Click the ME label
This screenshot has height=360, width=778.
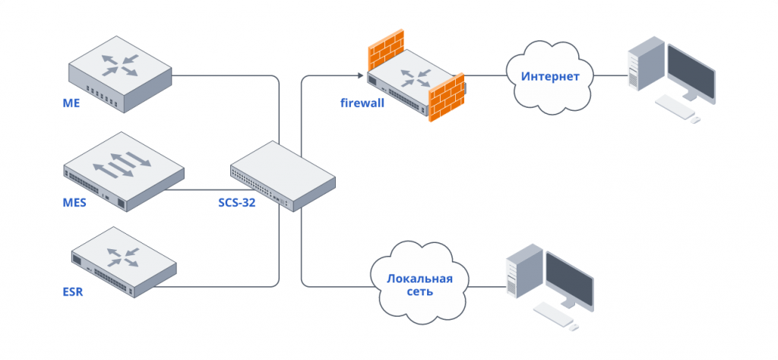click(x=71, y=104)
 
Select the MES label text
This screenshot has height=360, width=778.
click(x=74, y=204)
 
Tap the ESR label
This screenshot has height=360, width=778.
click(x=73, y=292)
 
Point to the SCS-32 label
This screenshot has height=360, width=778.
click(x=237, y=202)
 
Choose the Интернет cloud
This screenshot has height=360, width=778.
click(x=550, y=77)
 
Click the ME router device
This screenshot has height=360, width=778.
click(x=119, y=74)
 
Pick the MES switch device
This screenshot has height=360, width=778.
click(x=124, y=172)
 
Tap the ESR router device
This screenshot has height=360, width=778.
click(x=124, y=263)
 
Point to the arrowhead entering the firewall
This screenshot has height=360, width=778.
click(x=360, y=75)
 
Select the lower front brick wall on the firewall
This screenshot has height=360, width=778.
click(x=446, y=97)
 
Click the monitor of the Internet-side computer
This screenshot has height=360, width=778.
click(x=691, y=72)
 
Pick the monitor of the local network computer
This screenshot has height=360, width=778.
click(x=570, y=281)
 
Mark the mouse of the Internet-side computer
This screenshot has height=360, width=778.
click(x=696, y=119)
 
